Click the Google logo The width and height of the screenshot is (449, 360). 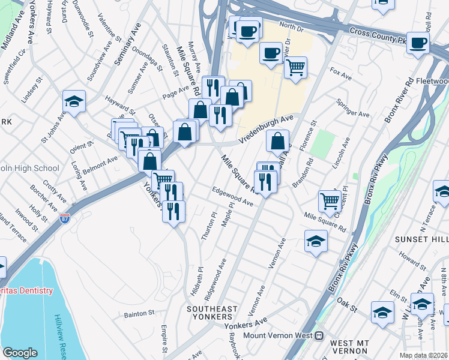pos(20,352)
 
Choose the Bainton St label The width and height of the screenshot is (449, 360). pos(139,313)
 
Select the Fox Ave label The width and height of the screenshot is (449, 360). pos(340,74)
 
